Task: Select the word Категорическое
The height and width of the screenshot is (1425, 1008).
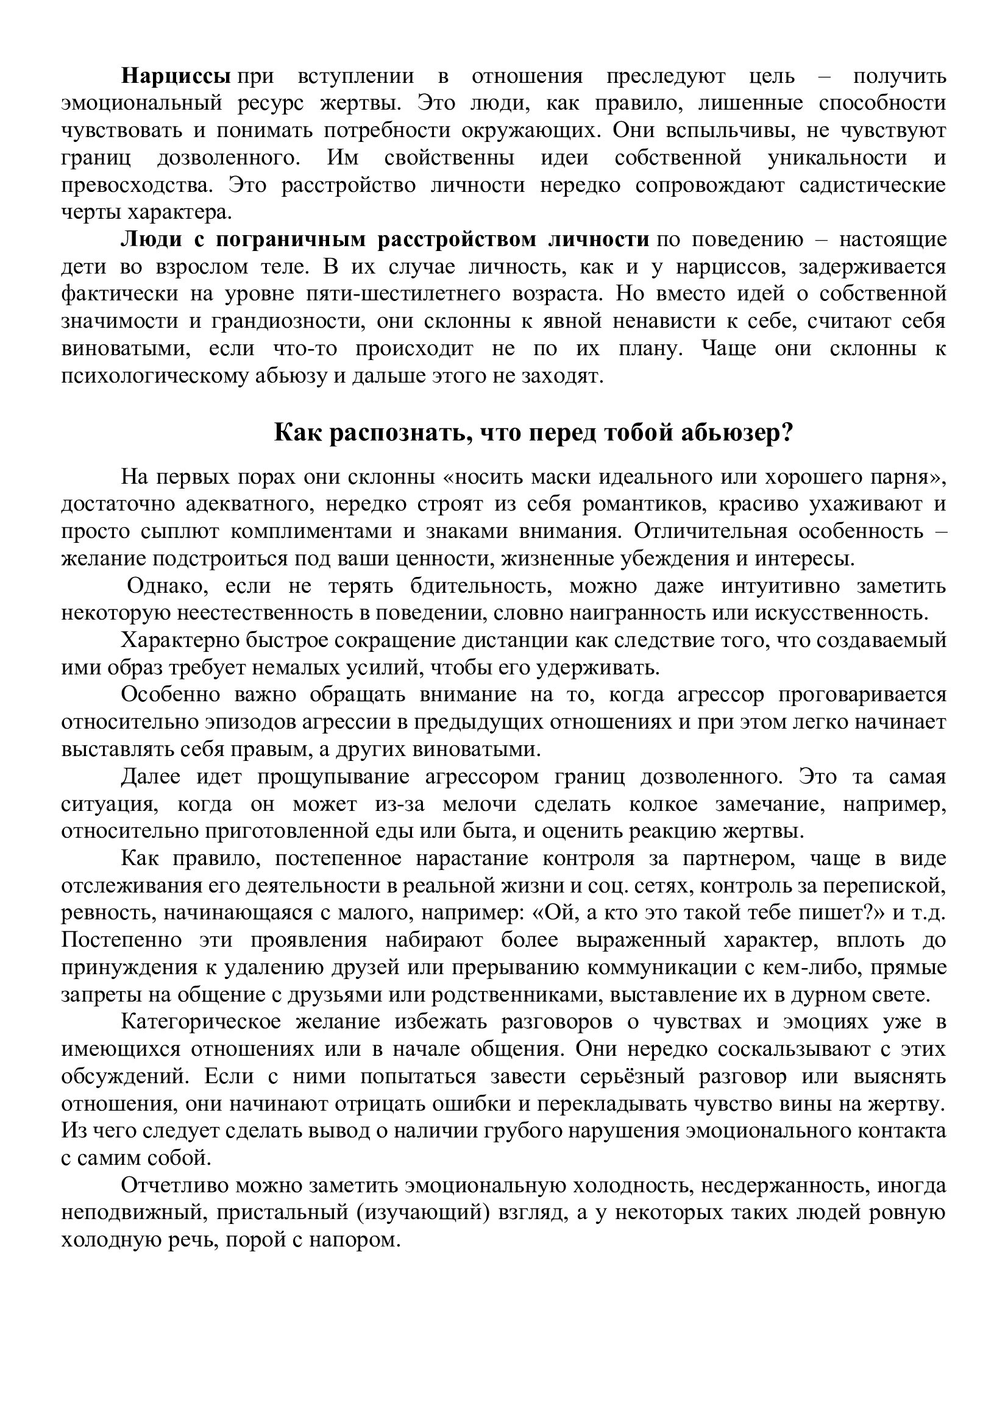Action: (201, 1022)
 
